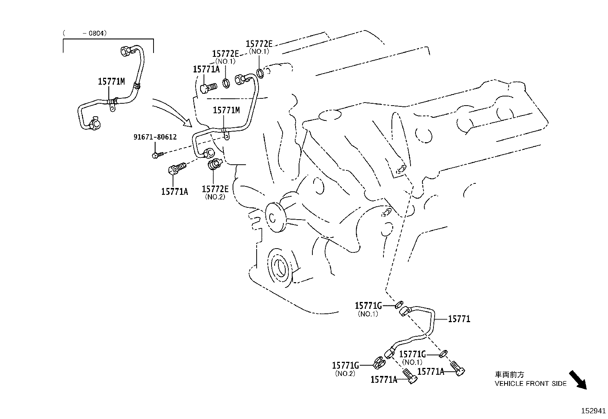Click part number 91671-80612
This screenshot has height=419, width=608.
coord(155,137)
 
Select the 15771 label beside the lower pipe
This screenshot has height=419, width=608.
coord(459,319)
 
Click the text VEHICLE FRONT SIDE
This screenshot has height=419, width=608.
coord(530,384)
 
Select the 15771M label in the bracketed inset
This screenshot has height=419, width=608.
coord(111,81)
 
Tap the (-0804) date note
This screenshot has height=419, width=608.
coord(85,33)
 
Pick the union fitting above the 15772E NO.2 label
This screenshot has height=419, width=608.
coord(213,165)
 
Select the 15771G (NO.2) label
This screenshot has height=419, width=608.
coord(346,366)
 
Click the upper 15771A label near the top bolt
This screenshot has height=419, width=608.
coord(206,69)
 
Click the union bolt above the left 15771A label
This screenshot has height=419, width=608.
coord(177,168)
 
